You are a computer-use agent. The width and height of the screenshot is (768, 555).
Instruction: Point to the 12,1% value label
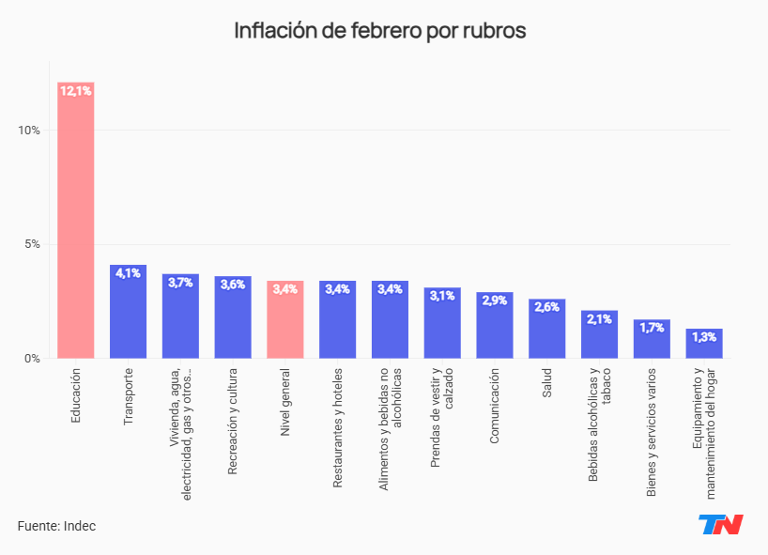[x=75, y=91]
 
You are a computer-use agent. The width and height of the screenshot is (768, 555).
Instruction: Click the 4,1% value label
[x=128, y=273]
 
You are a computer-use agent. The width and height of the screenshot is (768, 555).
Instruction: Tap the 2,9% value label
[x=495, y=301]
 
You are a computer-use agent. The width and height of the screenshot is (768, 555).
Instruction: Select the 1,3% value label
[x=704, y=337]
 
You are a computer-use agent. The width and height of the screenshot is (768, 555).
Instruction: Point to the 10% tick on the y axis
[x=28, y=130]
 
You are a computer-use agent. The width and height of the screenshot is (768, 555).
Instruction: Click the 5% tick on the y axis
[x=32, y=244]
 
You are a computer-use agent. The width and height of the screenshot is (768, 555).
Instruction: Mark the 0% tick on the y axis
[x=32, y=359]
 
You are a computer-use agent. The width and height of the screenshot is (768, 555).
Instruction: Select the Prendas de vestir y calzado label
[x=442, y=418]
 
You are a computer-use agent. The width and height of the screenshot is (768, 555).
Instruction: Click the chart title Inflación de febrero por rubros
[x=379, y=30]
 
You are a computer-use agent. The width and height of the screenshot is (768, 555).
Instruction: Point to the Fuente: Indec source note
[x=56, y=526]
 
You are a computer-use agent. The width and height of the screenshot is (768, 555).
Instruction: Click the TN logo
[x=720, y=524]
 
